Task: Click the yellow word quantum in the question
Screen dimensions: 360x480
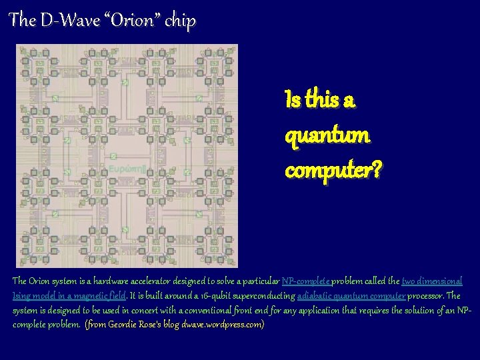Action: pyautogui.click(x=327, y=135)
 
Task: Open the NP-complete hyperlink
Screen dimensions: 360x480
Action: pyautogui.click(x=306, y=281)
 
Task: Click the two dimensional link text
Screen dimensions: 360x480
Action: pyautogui.click(x=431, y=281)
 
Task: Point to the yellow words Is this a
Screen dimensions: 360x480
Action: pyautogui.click(x=319, y=101)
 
